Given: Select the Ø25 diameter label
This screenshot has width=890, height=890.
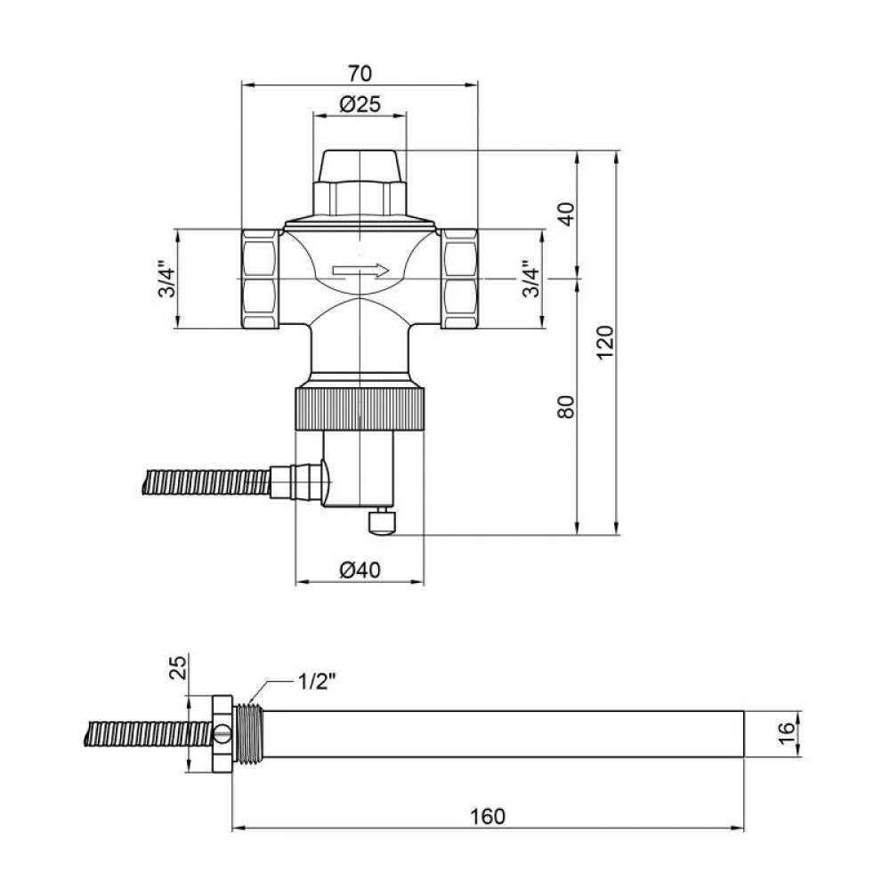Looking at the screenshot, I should [360, 102].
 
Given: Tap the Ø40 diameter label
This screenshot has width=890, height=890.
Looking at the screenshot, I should [360, 570].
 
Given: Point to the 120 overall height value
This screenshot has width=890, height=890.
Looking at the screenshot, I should [605, 343].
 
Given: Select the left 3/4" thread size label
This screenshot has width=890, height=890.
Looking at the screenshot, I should [166, 279].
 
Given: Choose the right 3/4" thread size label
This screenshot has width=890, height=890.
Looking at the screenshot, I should [530, 279].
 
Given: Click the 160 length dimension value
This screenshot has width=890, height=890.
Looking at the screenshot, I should [489, 815].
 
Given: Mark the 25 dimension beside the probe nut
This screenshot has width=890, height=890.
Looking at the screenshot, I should [177, 665].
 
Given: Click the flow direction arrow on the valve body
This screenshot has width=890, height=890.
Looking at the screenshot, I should [360, 271].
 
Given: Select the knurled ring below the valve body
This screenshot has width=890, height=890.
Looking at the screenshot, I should [360, 409].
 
